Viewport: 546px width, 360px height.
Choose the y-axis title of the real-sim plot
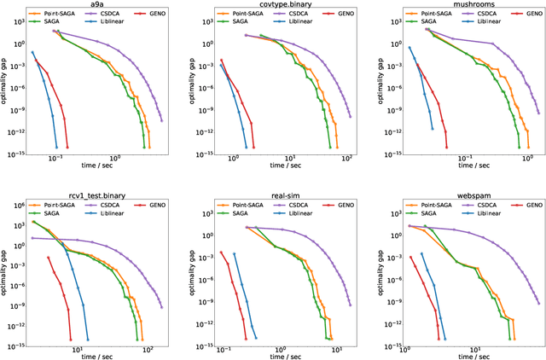[196, 275]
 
